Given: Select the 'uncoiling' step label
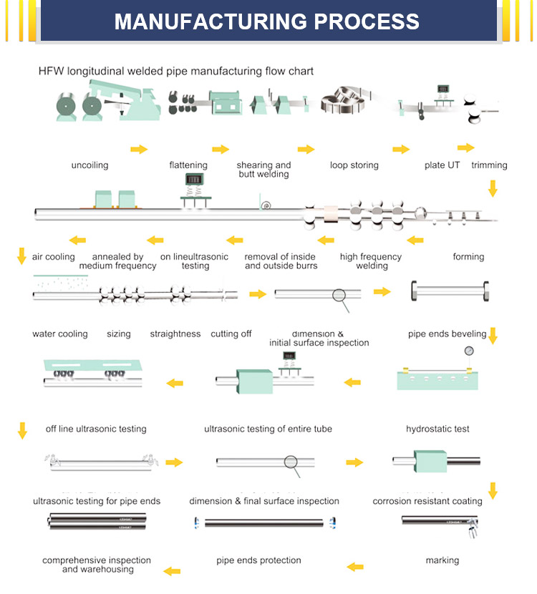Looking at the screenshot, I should pos(89,165).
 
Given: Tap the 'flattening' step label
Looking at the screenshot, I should pos(188,165).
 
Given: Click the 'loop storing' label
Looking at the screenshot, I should pos(354,165).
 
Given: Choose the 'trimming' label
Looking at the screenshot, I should pos(489,165).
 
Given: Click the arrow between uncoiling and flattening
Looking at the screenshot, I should pos(139,149).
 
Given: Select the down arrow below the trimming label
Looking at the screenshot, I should pos(492,189).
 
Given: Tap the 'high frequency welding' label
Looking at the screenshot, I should pos(371,261).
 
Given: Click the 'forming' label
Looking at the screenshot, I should pos(468,257).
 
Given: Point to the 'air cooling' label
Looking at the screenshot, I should pos(53,257).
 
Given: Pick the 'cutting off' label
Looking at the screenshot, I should pos(231,334).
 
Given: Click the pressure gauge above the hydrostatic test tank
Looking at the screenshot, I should pos(469,351).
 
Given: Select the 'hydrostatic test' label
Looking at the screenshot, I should pos(437,429).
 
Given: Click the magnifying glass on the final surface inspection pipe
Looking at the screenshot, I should pos(291,462).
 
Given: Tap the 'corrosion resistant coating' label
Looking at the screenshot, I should pos(427,501).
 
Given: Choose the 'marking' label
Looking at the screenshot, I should pos(442,560).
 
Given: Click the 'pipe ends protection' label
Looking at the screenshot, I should pos(258,560).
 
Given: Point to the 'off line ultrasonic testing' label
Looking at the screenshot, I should pos(96,429).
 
